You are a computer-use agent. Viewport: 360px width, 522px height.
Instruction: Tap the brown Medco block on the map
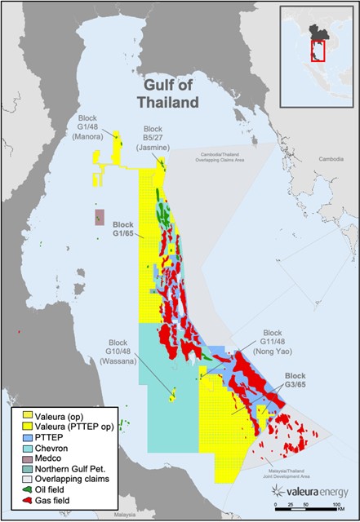tap(100, 216)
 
